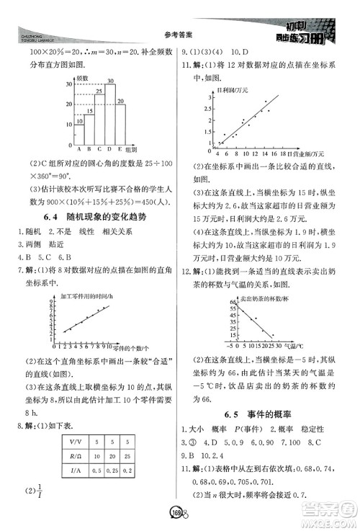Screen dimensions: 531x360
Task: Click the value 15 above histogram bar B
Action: (x=89, y=112)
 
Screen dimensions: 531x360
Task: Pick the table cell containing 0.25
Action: (x=112, y=470)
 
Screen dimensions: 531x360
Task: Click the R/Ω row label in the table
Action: (x=74, y=455)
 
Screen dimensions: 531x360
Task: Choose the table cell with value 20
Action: (x=112, y=455)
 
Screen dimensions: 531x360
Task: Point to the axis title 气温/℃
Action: (x=290, y=346)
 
